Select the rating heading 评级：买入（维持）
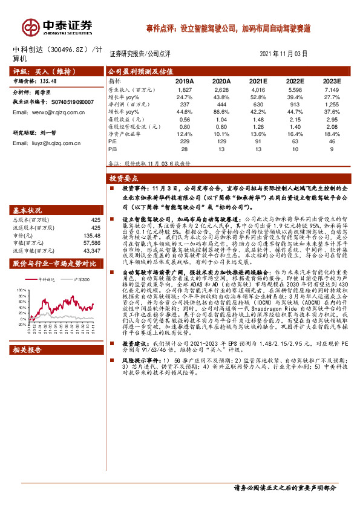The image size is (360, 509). (41, 71)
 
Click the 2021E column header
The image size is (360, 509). (258, 80)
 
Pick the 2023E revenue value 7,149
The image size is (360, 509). (332, 89)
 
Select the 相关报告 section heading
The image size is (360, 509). (28, 349)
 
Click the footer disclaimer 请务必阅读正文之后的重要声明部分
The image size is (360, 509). (284, 487)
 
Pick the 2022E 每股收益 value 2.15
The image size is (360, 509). (295, 118)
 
